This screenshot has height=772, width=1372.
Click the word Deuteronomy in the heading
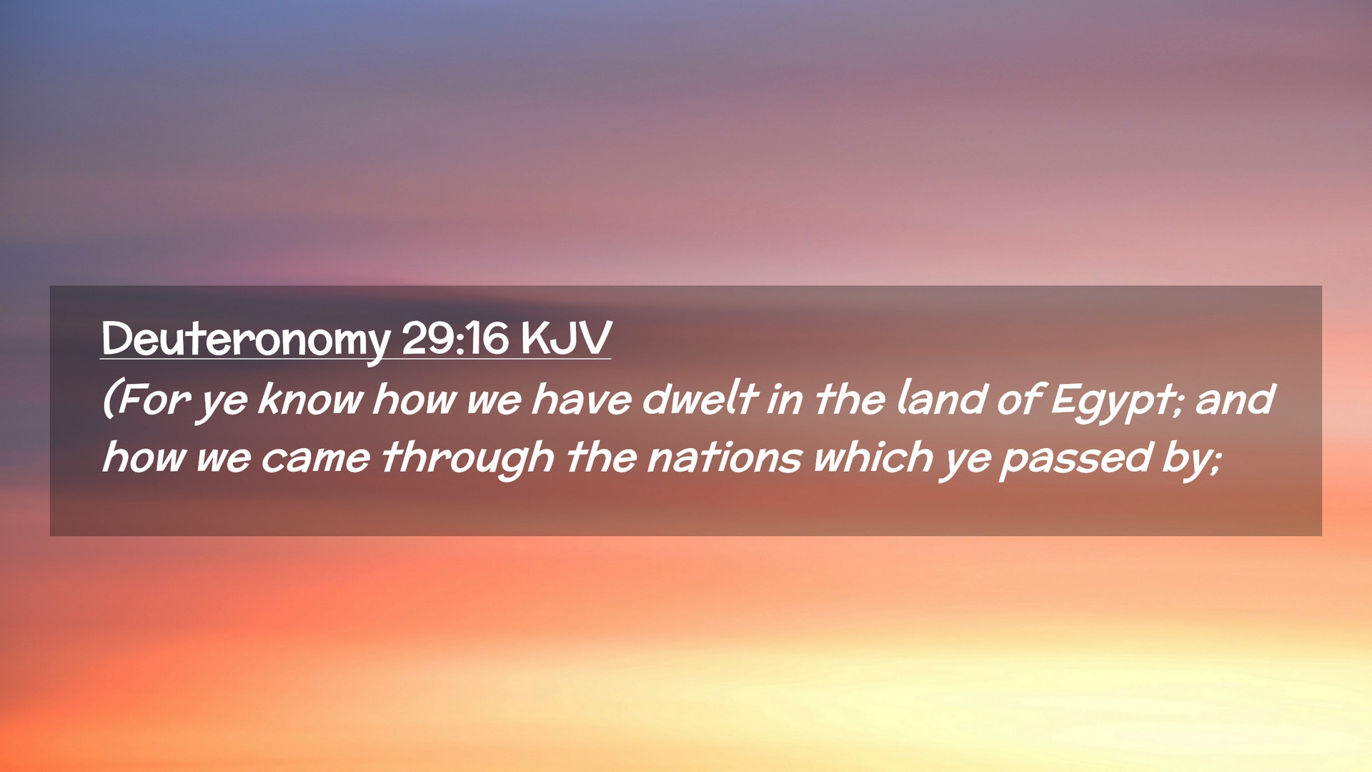pos(246,340)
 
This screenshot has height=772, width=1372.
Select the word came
pos(315,457)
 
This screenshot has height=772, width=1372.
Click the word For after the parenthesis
pos(153,399)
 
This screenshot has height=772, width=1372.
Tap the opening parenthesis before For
pos(109,399)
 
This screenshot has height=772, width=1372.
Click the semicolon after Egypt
pos(1179,405)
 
